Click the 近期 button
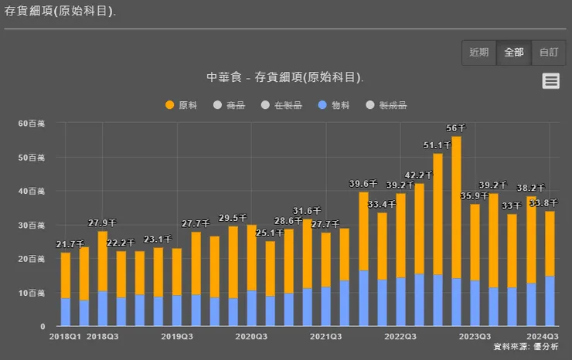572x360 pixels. point(479,53)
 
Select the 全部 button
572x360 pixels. point(514,53)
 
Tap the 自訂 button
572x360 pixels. point(549,53)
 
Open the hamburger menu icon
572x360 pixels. point(550,81)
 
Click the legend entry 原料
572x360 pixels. point(182,105)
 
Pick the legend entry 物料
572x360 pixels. point(334,105)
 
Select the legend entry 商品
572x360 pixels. point(230,105)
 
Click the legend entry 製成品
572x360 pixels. point(386,105)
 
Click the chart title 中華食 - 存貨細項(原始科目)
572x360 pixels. point(285,78)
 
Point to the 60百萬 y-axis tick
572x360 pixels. point(33,124)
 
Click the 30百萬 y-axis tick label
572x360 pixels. point(33,226)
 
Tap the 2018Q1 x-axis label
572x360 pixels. point(65,337)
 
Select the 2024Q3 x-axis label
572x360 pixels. point(543,337)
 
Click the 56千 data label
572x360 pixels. point(456,128)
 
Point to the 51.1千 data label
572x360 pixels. point(438,145)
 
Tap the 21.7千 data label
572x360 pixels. point(70,245)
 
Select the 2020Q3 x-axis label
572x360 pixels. point(251,337)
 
